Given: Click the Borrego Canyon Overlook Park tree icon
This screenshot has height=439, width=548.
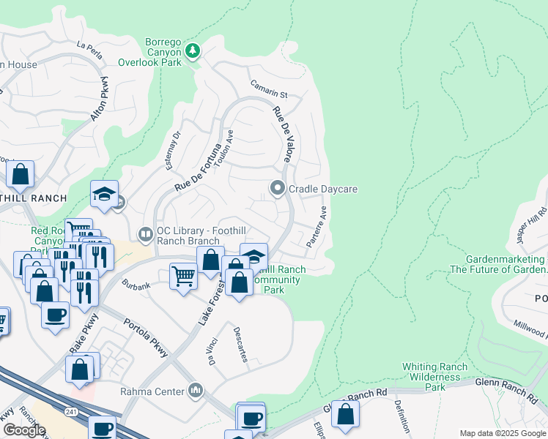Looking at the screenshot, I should [x=193, y=50].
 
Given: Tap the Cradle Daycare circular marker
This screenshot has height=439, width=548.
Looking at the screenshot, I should [x=278, y=189].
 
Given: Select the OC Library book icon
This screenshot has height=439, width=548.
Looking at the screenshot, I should [x=145, y=234].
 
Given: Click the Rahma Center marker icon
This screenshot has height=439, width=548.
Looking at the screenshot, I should [x=196, y=391].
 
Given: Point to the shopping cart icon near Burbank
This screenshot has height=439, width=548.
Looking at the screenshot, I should [x=183, y=277].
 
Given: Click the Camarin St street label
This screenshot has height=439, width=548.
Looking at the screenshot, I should [x=269, y=89].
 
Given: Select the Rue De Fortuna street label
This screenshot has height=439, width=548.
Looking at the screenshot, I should [x=198, y=168].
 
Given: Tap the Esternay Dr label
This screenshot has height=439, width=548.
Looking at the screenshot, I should [x=173, y=150].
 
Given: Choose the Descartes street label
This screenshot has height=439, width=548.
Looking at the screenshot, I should [x=240, y=344].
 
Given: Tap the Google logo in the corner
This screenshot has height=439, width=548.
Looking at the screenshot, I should [x=24, y=430].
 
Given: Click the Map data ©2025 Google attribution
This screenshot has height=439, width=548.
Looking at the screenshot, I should [x=503, y=433].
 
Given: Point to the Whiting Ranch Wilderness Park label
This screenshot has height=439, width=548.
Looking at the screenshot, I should [x=435, y=376].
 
